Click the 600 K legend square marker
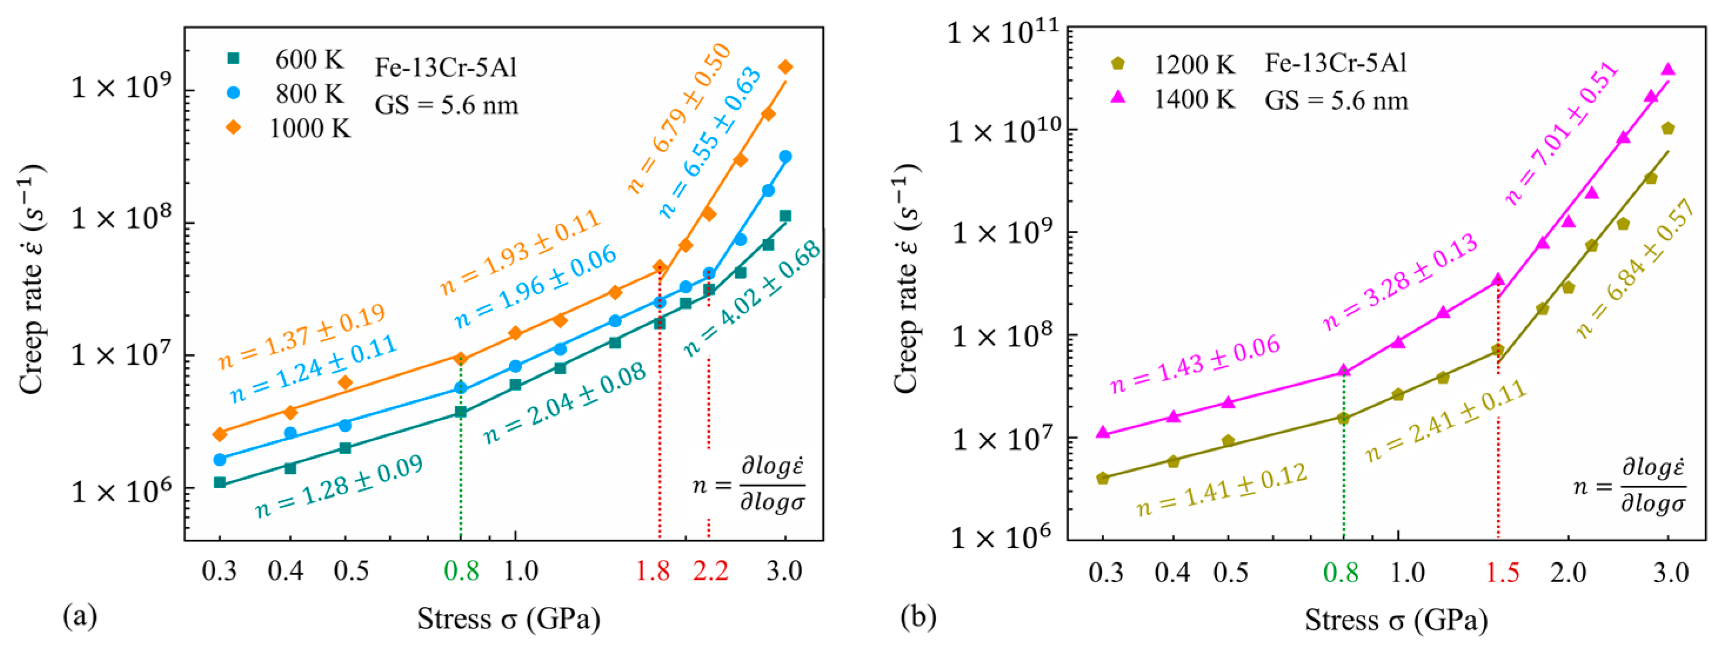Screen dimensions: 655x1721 [233, 59]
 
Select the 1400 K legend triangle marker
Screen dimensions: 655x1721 [1118, 98]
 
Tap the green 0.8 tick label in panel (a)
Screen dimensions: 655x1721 [461, 571]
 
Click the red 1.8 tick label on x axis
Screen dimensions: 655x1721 [653, 571]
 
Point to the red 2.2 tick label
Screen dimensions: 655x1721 [710, 571]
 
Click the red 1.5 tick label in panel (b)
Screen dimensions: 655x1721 [1502, 572]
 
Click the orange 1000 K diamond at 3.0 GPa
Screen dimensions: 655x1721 [786, 67]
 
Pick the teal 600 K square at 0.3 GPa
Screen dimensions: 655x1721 [220, 482]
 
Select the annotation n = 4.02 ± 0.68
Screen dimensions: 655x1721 [752, 298]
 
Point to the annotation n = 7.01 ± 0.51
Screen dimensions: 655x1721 [1562, 132]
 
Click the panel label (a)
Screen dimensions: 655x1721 [79, 616]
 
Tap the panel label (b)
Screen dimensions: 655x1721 [918, 616]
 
